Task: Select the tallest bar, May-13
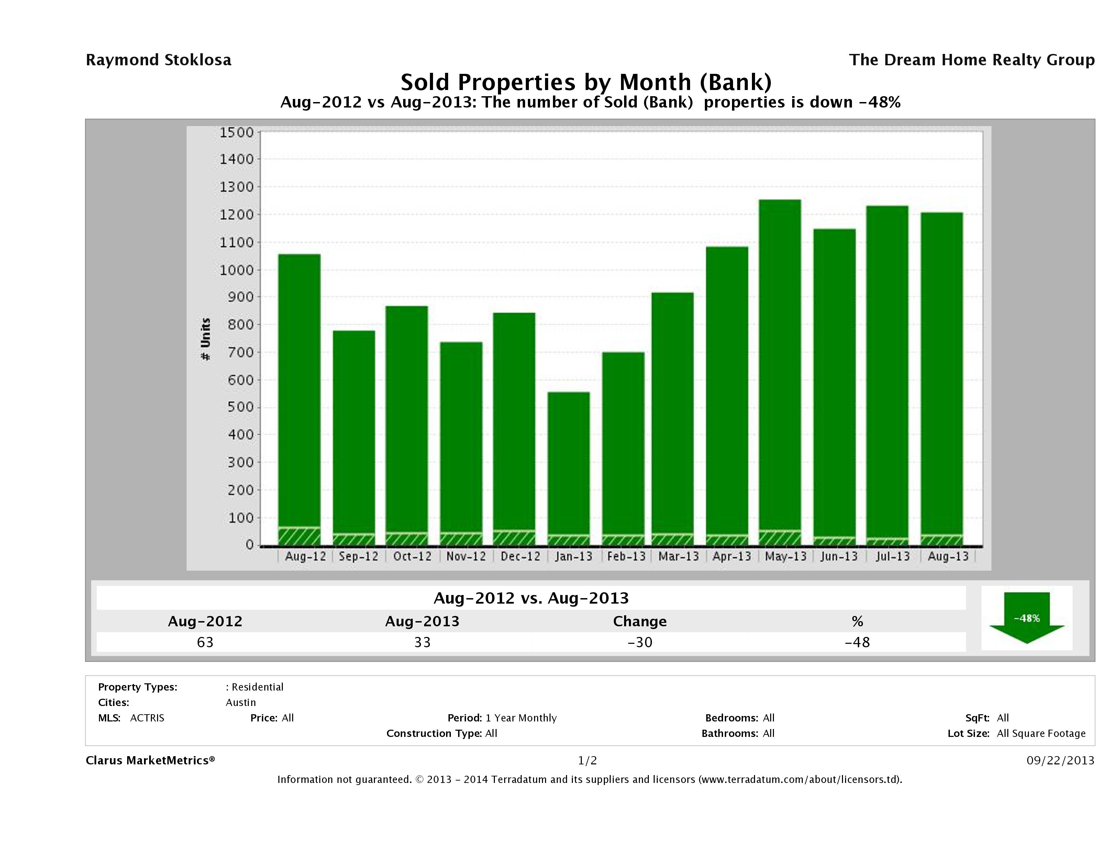(780, 366)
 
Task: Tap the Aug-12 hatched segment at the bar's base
(299, 536)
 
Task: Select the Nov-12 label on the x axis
(466, 556)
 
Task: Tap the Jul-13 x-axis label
(892, 556)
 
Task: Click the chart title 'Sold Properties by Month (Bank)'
(586, 82)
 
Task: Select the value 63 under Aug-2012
(205, 642)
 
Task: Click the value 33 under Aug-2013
(422, 642)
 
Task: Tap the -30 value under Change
(640, 642)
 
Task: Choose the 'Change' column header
(640, 621)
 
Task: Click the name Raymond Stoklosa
(158, 60)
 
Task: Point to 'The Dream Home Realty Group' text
(972, 60)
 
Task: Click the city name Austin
(241, 703)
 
